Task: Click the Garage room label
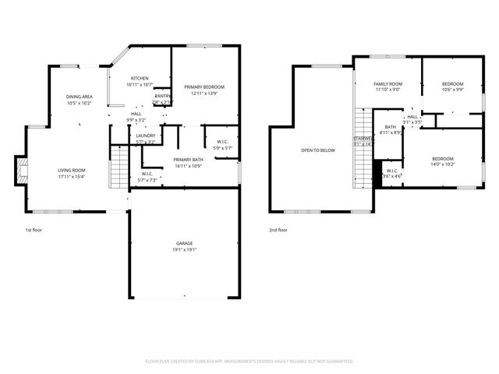coord(184,244)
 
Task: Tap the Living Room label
coord(71,170)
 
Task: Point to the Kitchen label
coord(140,78)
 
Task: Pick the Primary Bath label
coord(188,160)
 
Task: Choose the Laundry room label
coord(146,136)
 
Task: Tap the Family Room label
coord(388,83)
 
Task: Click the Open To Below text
coord(318,150)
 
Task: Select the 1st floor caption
coord(34,231)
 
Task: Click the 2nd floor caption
coord(278,231)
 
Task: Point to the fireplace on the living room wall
coord(20,169)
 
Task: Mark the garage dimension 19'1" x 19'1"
coord(184,250)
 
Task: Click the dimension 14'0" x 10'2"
coord(443,164)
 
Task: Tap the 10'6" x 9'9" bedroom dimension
coord(452,90)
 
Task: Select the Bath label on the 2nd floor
coord(390,127)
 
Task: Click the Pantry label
coord(162,96)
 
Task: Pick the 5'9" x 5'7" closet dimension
coord(222,148)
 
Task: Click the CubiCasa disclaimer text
coord(249,361)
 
